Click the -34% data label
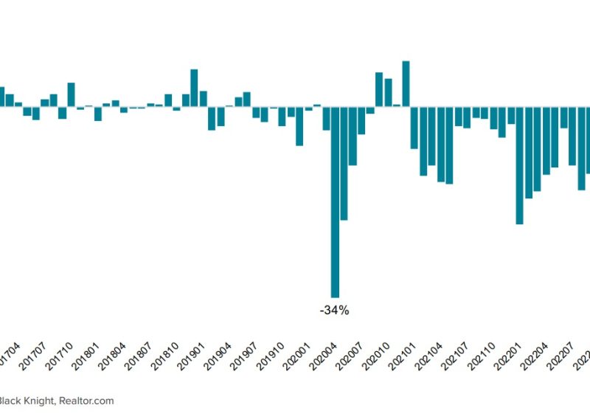pos(334,311)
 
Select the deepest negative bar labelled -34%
pos(335,202)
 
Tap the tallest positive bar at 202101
pos(406,84)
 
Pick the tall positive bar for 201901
pos(194,88)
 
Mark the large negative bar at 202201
pos(519,165)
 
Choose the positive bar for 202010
pos(379,89)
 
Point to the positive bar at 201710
pos(71,94)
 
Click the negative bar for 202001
pos(299,126)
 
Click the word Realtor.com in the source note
pos(86,401)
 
